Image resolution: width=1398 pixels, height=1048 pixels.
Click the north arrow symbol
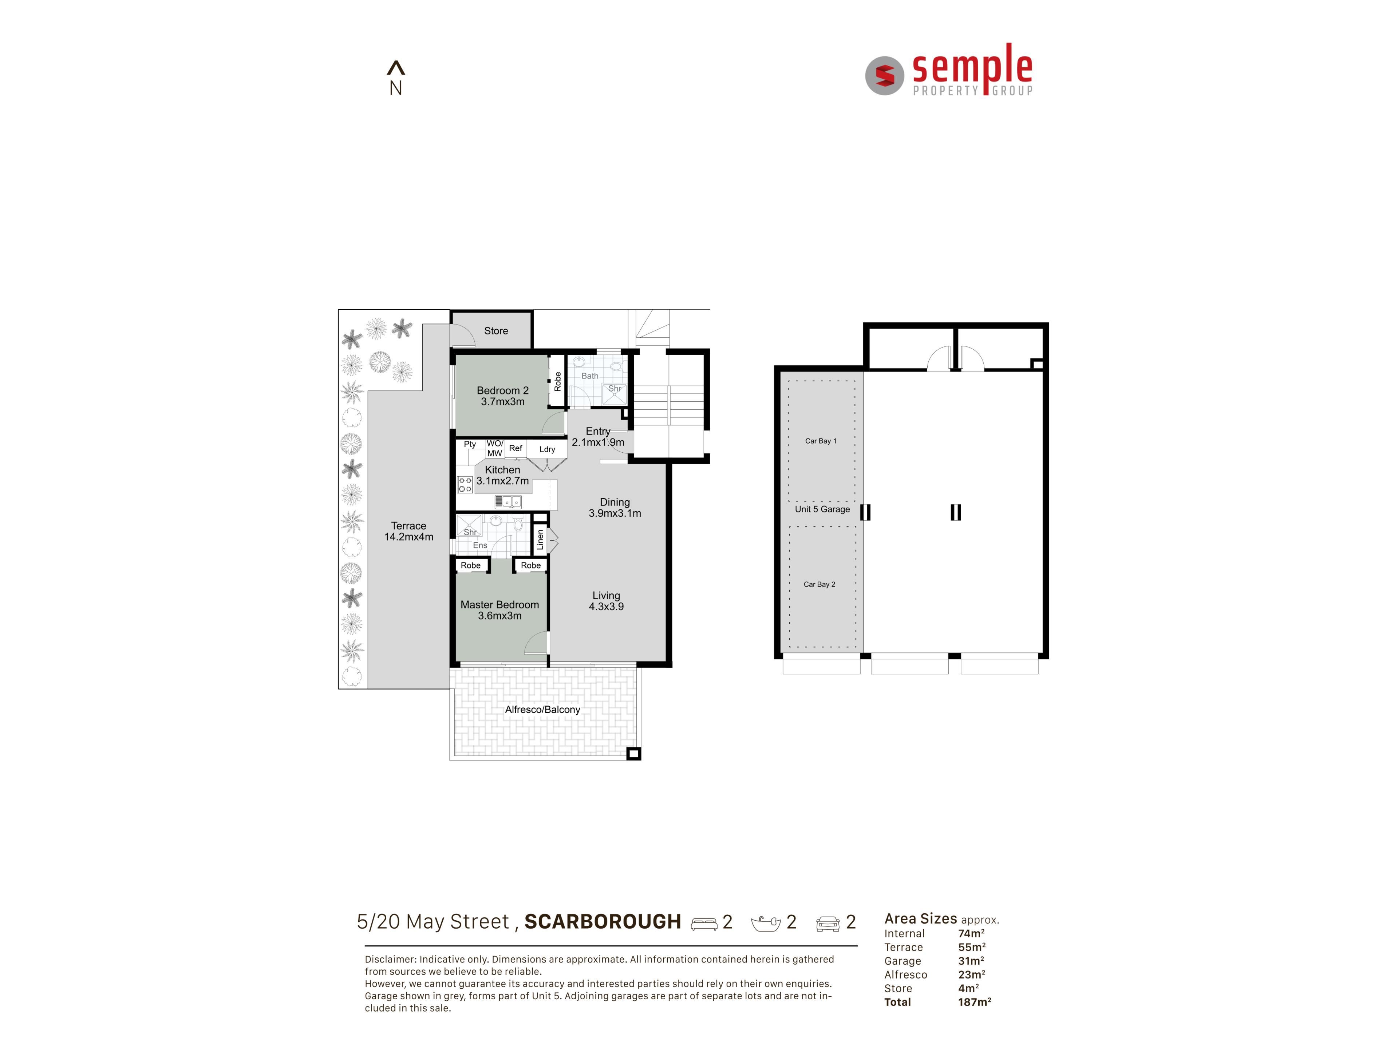click(396, 68)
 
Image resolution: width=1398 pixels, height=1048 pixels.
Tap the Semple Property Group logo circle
click(884, 76)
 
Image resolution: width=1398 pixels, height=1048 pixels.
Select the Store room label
click(496, 331)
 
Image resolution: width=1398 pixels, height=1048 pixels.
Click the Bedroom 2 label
click(502, 390)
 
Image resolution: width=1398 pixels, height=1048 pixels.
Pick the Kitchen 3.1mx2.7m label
click(502, 475)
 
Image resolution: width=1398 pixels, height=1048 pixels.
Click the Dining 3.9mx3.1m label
click(615, 507)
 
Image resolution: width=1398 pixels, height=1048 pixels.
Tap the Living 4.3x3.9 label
click(606, 601)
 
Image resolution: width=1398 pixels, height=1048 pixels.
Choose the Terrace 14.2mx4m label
click(409, 531)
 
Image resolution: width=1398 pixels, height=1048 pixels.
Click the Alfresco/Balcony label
click(542, 710)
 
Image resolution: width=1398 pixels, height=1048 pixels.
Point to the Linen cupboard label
click(540, 539)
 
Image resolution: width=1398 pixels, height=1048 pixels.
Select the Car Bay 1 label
click(820, 441)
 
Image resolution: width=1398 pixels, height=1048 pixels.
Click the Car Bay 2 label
click(819, 584)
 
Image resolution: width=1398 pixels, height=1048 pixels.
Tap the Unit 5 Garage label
click(822, 509)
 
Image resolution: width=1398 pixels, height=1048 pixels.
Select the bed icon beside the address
click(704, 924)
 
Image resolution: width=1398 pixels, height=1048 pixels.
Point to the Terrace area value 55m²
click(971, 947)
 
